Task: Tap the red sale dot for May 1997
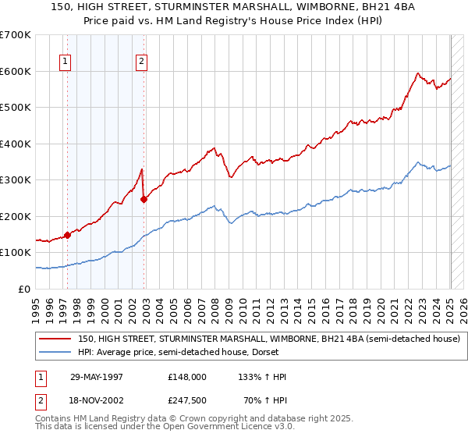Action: pos(68,234)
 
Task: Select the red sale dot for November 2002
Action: pos(144,199)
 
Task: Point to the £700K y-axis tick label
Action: pos(16,35)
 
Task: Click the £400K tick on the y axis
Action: pos(16,144)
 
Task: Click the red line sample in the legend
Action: pos(55,339)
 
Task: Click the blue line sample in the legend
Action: pos(55,353)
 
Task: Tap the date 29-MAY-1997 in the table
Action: pos(97,376)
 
